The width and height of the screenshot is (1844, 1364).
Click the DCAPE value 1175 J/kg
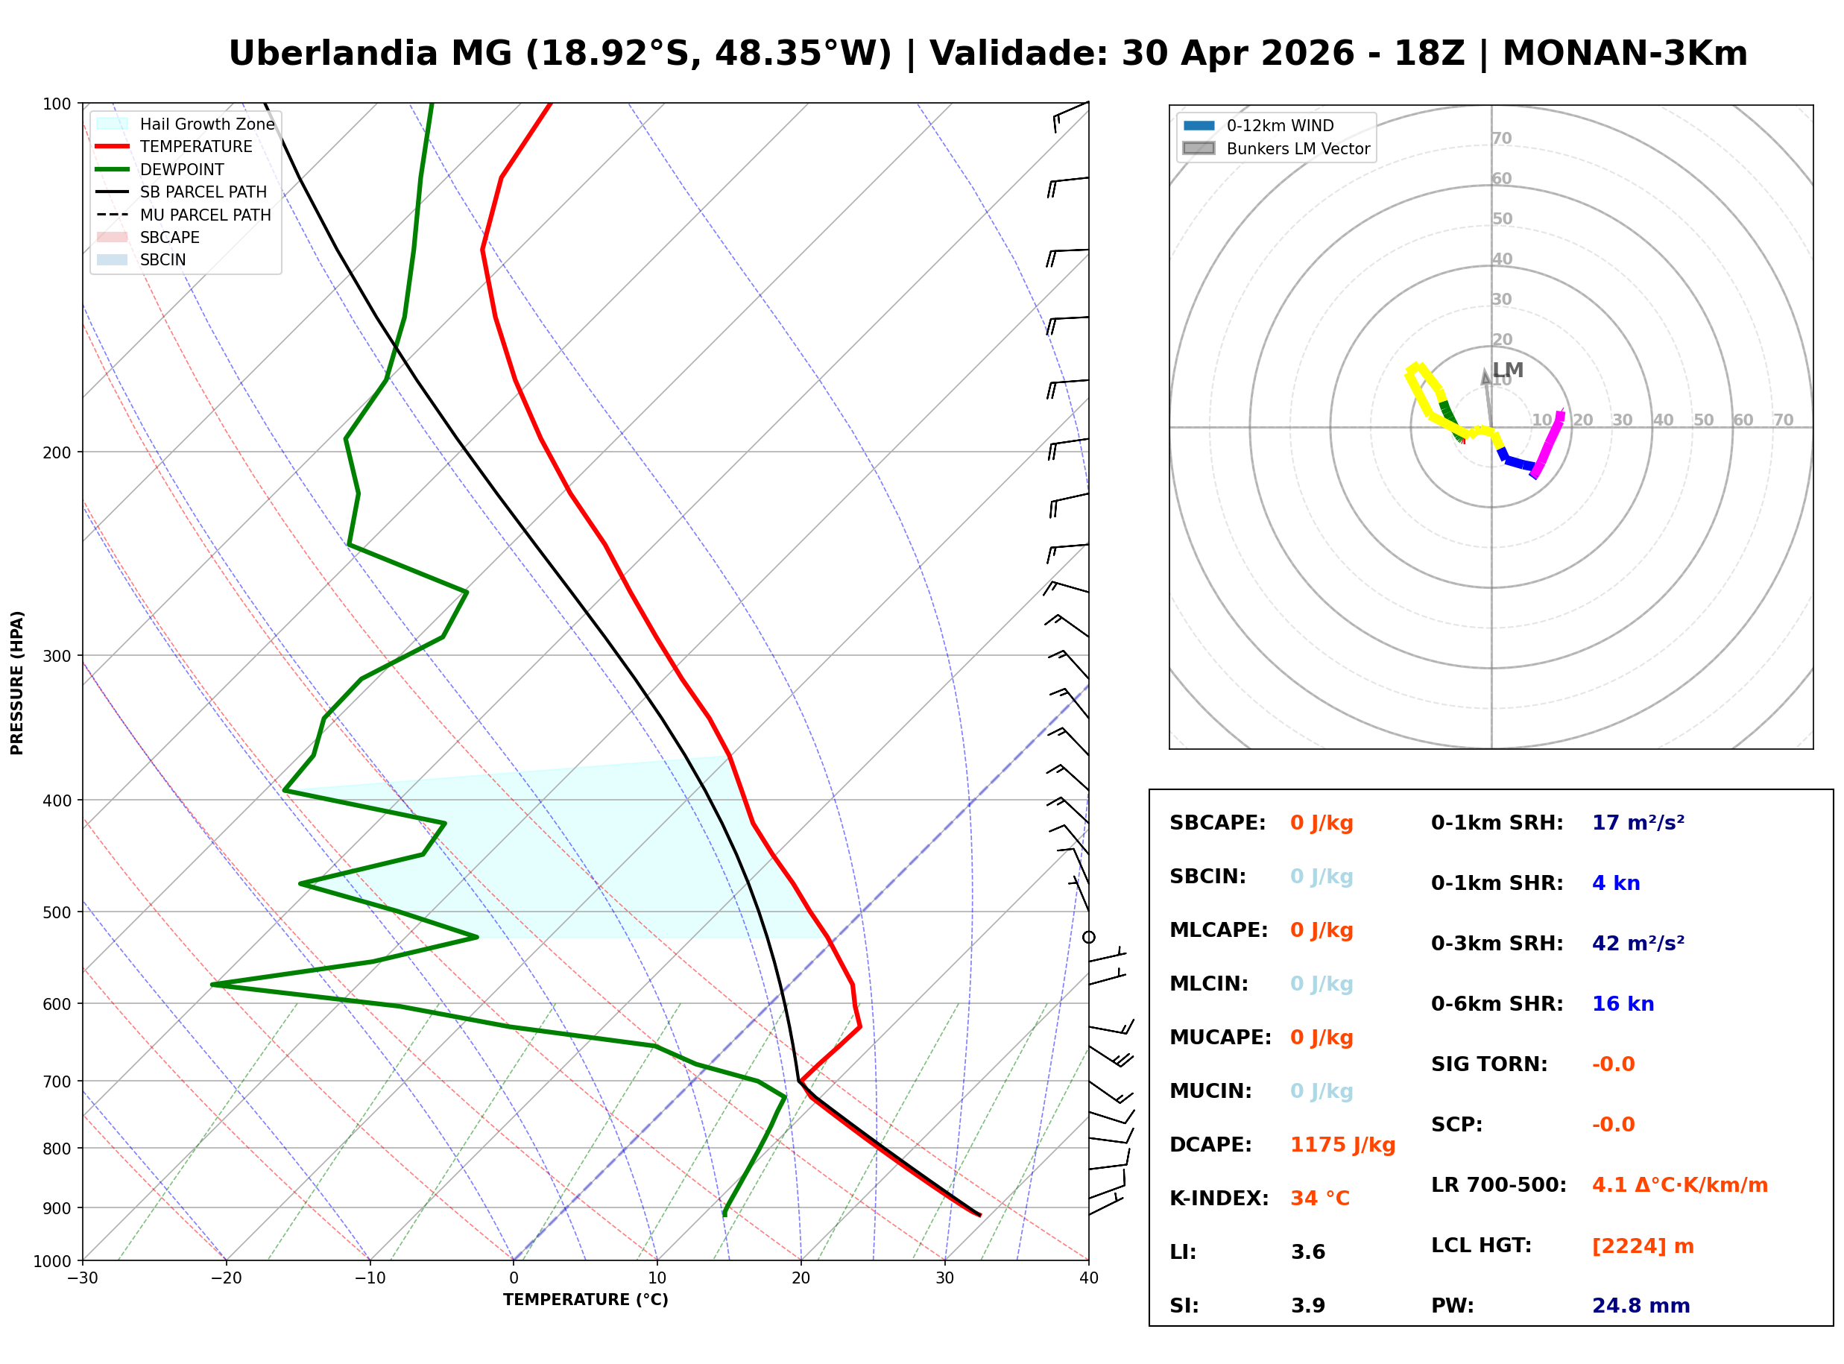[x=1342, y=1145]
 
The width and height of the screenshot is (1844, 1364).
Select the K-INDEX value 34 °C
[x=1320, y=1199]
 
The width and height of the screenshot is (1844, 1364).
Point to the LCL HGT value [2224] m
[x=1643, y=1247]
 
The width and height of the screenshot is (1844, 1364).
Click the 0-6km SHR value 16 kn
[x=1623, y=1005]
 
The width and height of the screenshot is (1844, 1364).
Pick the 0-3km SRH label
[x=1497, y=944]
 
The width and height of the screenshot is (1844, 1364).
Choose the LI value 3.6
[x=1307, y=1252]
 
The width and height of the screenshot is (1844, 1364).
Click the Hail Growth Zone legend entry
[x=206, y=124]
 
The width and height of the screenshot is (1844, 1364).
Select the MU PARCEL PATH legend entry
[x=205, y=215]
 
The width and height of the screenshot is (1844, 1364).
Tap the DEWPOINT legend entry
[x=182, y=169]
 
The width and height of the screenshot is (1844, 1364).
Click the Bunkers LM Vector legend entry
[x=1298, y=148]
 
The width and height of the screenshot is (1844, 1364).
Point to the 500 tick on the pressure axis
[x=56, y=912]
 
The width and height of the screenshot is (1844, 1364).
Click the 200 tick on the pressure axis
[x=56, y=452]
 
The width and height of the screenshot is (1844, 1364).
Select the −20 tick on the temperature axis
[x=225, y=1278]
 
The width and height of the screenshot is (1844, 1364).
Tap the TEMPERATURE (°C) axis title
[x=585, y=1301]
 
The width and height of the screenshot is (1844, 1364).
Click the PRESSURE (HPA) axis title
[x=16, y=683]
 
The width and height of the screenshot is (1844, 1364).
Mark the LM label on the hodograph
[x=1507, y=370]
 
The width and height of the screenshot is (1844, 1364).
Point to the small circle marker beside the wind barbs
[x=1089, y=937]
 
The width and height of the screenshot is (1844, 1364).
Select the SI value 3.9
[x=1307, y=1306]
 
